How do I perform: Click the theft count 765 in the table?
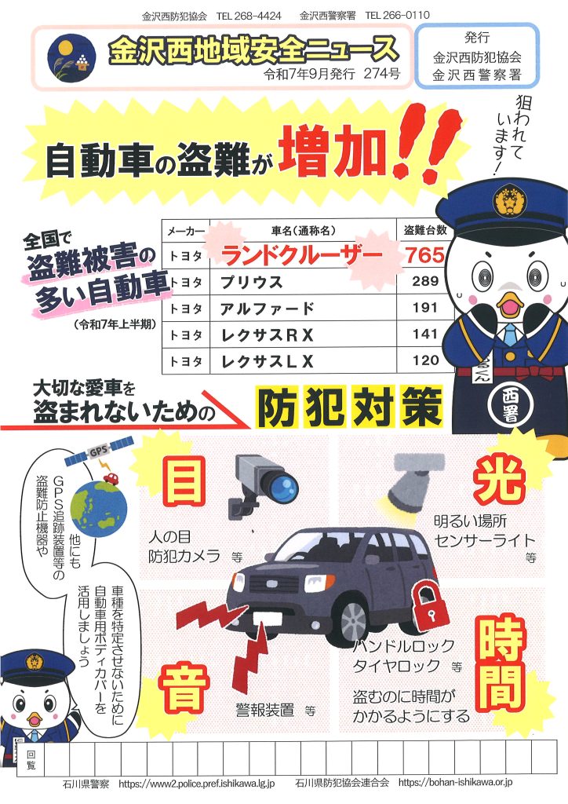pyautogui.click(x=424, y=254)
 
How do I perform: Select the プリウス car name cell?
pyautogui.click(x=303, y=282)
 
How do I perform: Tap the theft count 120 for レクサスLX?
pyautogui.click(x=426, y=360)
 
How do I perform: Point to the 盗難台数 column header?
pyautogui.click(x=425, y=230)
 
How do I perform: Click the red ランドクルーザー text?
pyautogui.click(x=302, y=255)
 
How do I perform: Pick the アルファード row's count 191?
pyautogui.click(x=425, y=308)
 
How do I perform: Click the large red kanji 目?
pyautogui.click(x=184, y=481)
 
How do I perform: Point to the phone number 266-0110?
pyautogui.click(x=398, y=16)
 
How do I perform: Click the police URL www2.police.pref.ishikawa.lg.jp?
pyautogui.click(x=197, y=783)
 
